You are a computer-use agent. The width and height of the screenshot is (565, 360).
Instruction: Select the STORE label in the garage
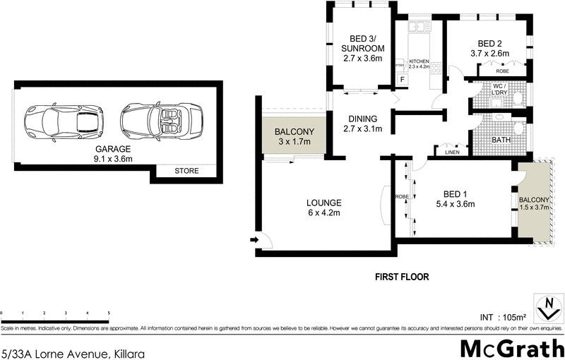[186, 172]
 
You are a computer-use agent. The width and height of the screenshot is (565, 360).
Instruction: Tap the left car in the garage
[64, 120]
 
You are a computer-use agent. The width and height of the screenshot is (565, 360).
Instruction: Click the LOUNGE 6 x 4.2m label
[305, 207]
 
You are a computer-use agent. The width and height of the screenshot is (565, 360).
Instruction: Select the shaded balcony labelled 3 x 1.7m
[293, 136]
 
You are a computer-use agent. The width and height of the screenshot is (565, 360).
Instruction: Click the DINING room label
[362, 124]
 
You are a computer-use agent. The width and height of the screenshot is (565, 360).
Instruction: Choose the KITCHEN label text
[420, 64]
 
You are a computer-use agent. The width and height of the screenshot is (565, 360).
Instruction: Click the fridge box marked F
[403, 79]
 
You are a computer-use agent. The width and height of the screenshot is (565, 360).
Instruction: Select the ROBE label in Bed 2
[502, 71]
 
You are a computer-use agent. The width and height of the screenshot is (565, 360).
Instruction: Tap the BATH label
[501, 140]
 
